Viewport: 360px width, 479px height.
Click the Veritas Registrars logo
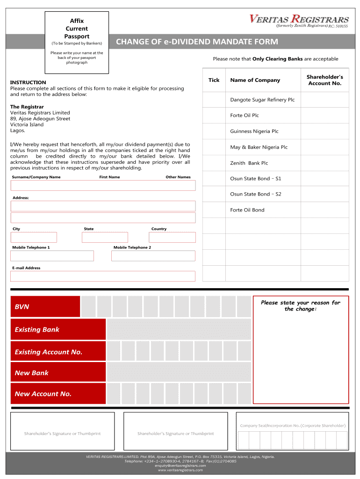pyautogui.click(x=299, y=21)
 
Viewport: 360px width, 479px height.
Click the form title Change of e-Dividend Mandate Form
pyautogui.click(x=197, y=42)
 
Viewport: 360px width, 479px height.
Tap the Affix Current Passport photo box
pyautogui.click(x=77, y=43)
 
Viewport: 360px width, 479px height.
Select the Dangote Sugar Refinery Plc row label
pyautogui.click(x=262, y=100)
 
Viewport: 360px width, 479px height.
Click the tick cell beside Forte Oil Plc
pyautogui.click(x=214, y=116)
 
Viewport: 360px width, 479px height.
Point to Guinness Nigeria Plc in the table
pyautogui.click(x=254, y=131)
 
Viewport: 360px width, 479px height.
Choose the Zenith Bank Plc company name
pyautogui.click(x=249, y=163)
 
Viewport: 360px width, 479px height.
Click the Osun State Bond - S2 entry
pyautogui.click(x=255, y=194)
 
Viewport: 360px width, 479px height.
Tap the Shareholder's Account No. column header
pyautogui.click(x=324, y=80)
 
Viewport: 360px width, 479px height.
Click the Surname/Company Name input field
pyautogui.click(x=103, y=186)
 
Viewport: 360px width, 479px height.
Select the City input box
pyautogui.click(x=34, y=237)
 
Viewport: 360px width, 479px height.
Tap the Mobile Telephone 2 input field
pyautogui.click(x=153, y=256)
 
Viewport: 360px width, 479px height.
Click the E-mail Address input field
pyautogui.click(x=103, y=276)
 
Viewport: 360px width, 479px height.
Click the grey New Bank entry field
pyautogui.click(x=179, y=372)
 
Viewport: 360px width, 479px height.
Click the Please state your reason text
pyautogui.click(x=301, y=306)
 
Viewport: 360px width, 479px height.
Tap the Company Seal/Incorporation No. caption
pyautogui.click(x=293, y=426)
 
